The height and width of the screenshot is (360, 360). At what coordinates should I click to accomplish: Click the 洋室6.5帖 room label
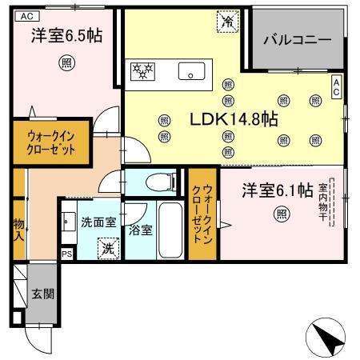[60, 36]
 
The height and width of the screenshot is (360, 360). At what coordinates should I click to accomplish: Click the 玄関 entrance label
[43, 294]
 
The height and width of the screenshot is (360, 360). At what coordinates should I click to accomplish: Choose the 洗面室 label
[98, 222]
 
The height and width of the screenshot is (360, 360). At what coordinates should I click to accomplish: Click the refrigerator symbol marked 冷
[227, 22]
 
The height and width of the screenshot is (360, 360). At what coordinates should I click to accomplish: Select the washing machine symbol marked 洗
[108, 247]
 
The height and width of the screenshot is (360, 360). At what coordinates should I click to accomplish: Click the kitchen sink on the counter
[192, 71]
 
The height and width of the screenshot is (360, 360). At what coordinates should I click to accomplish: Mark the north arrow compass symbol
[326, 335]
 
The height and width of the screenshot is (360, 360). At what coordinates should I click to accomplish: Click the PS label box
[66, 254]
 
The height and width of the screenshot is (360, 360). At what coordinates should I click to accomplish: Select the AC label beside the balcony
[337, 86]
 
